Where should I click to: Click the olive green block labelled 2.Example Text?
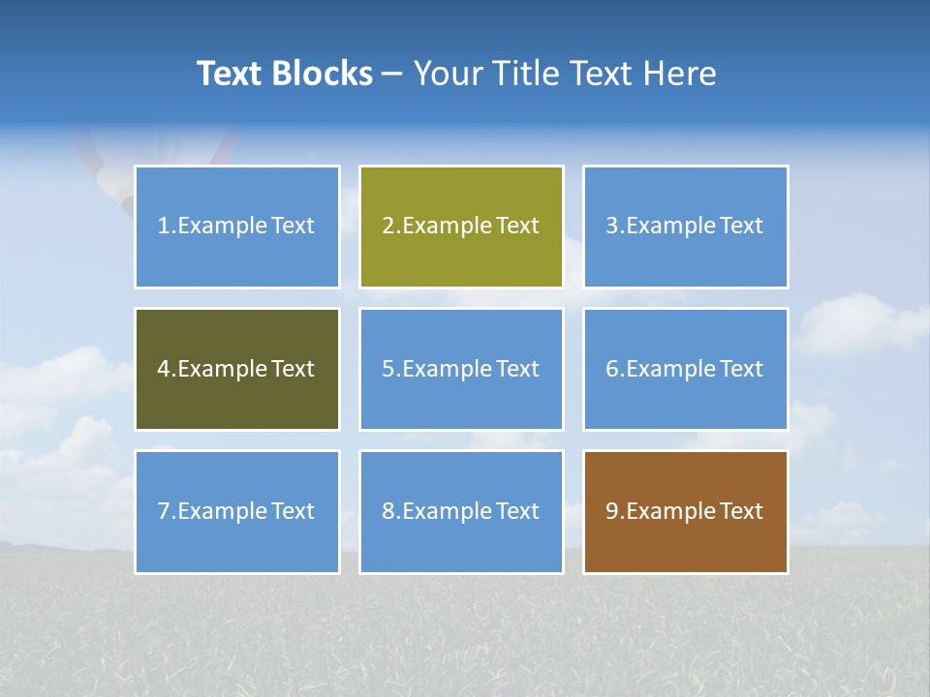461,227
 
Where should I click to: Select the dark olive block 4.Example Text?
237,369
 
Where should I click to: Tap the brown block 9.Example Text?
685,511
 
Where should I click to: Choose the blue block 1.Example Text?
237,227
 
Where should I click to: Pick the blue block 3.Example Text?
685,227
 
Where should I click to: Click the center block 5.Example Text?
461,369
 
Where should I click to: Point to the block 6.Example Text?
685,369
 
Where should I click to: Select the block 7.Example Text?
237,511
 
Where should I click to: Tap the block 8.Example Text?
461,511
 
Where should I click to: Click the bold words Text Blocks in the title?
284,74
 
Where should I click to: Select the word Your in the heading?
449,74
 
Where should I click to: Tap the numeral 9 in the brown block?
612,511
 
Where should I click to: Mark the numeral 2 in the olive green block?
388,227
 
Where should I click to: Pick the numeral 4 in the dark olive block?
164,369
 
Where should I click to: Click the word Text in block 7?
293,511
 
